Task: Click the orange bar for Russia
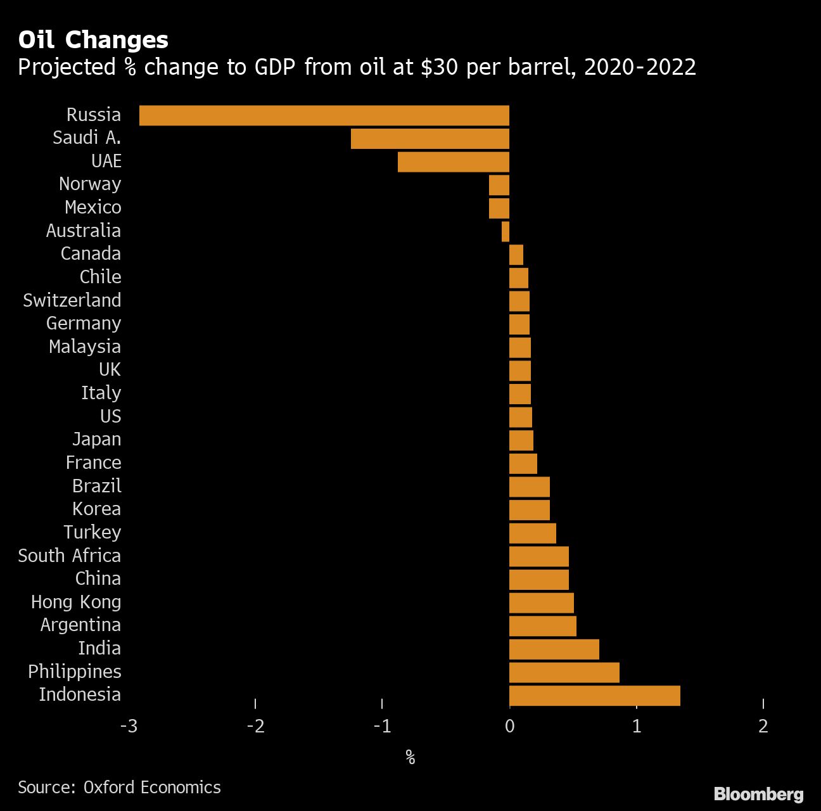tap(324, 115)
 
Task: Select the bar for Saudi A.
tap(430, 139)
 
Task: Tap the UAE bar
tap(453, 162)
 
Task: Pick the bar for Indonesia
tap(594, 696)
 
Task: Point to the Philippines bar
tap(564, 672)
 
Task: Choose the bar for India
tap(554, 649)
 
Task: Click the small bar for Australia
tap(506, 231)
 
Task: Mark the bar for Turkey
tap(532, 533)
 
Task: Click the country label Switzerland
tap(72, 300)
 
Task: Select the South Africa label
tap(69, 556)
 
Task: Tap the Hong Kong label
tap(76, 602)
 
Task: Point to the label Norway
tap(90, 184)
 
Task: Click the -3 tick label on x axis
tap(129, 726)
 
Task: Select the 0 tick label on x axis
tap(509, 726)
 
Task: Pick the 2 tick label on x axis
tap(763, 726)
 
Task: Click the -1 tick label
tap(382, 726)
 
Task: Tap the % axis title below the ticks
tap(410, 757)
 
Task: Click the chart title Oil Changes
tap(93, 40)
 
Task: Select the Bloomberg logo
tap(758, 794)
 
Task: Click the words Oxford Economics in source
tap(152, 788)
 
